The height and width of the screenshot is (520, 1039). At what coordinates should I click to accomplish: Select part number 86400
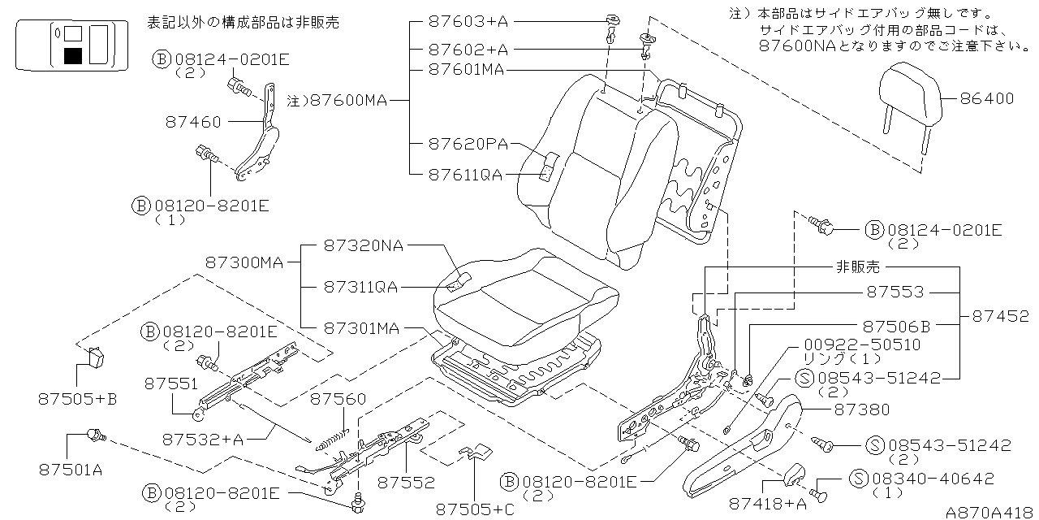tap(986, 99)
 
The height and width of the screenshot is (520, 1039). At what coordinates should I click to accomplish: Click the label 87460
tap(193, 122)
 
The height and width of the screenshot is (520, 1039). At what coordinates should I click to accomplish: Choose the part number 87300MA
tap(244, 263)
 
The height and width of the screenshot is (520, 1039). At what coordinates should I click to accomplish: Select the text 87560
tap(338, 399)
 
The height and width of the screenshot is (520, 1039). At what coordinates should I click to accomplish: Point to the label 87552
tap(407, 483)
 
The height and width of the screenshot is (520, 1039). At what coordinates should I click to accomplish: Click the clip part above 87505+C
tap(476, 453)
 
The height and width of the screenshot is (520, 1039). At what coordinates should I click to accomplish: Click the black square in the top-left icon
tap(73, 56)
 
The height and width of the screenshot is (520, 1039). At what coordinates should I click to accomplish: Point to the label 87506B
tap(896, 327)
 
